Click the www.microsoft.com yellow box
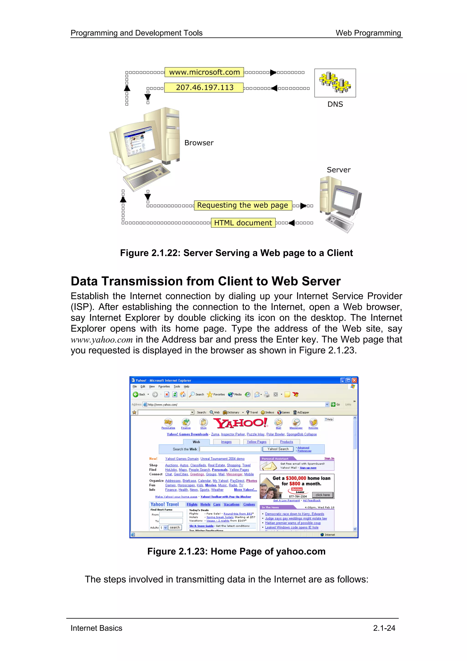(x=204, y=72)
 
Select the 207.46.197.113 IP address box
(x=204, y=88)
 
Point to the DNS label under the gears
(x=335, y=104)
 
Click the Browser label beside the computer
(x=199, y=143)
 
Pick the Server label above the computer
(x=338, y=170)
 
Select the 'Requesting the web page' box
(x=243, y=205)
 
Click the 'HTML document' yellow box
(x=243, y=223)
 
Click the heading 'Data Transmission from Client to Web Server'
(x=205, y=281)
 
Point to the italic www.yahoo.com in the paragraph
(x=101, y=340)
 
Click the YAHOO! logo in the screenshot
(x=241, y=423)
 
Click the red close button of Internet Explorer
(x=355, y=380)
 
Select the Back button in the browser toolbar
(x=139, y=394)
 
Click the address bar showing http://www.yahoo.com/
(x=236, y=404)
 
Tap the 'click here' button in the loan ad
(x=323, y=495)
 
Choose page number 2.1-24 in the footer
(x=384, y=628)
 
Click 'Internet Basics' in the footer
(x=96, y=628)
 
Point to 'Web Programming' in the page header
(x=368, y=33)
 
